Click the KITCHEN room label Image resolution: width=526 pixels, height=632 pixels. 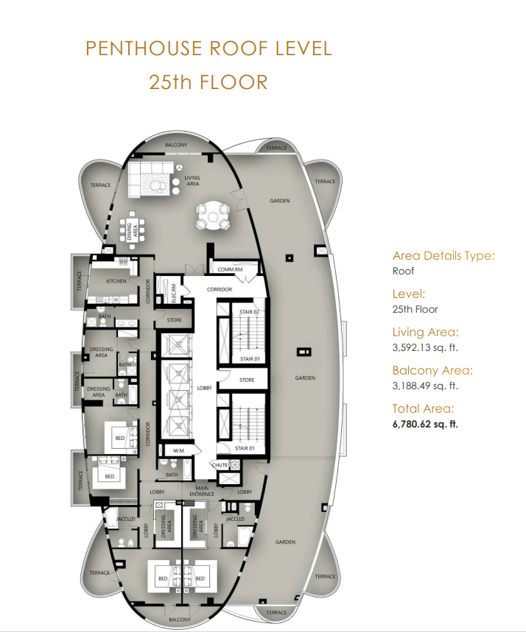point(116,281)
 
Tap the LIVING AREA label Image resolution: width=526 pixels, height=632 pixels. point(192,180)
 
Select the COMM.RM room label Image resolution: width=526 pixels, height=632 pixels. point(230,269)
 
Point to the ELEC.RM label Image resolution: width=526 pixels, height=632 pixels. point(174,293)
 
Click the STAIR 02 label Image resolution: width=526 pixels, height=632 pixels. point(249,311)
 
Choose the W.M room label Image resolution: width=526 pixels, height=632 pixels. point(178,450)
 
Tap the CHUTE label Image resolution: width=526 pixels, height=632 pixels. point(220,465)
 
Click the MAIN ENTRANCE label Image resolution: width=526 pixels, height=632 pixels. point(202,491)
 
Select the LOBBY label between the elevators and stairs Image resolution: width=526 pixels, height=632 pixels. point(204,388)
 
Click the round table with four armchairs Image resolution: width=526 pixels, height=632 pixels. point(213,216)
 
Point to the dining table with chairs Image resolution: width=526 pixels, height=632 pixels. point(132,227)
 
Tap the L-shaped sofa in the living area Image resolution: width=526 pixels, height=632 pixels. point(151,180)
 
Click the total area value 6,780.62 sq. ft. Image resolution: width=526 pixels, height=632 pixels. point(425,424)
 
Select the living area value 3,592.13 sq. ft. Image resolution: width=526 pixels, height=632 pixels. point(425,347)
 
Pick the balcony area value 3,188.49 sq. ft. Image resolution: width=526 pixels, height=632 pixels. point(425,386)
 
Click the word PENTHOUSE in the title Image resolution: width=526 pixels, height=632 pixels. point(144,49)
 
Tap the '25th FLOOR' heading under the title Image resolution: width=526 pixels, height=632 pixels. point(208,82)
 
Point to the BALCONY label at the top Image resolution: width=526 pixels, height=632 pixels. point(176,145)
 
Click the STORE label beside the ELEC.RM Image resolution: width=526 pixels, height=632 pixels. point(175,320)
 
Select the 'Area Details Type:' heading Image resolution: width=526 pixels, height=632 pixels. point(443,256)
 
